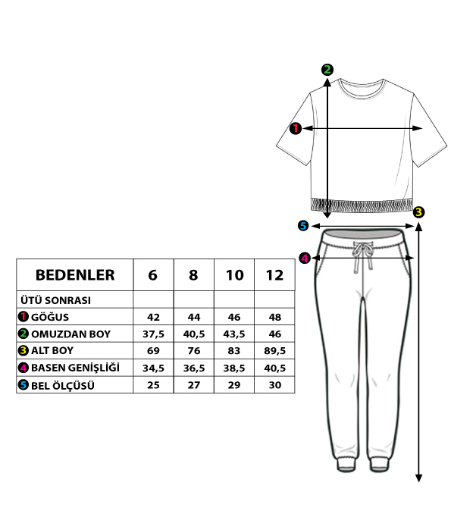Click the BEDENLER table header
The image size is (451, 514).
(x=75, y=274)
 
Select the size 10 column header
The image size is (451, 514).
(x=234, y=275)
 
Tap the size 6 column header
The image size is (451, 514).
(x=153, y=275)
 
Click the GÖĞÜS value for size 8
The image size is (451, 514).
(x=194, y=317)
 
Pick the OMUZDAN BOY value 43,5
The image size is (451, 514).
(x=234, y=334)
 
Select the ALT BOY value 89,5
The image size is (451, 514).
(x=274, y=351)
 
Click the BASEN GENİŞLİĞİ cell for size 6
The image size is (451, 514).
(x=153, y=368)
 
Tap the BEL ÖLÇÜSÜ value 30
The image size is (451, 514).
(x=274, y=385)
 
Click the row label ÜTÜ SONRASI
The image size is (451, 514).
(x=56, y=300)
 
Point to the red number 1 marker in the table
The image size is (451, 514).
(x=23, y=317)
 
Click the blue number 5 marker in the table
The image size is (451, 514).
(x=23, y=384)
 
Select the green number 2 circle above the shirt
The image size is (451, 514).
(x=327, y=70)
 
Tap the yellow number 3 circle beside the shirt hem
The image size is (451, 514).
(x=418, y=212)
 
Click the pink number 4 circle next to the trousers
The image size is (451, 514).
(x=305, y=258)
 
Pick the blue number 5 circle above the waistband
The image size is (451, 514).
(x=303, y=225)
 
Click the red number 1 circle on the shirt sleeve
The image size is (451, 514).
(x=296, y=128)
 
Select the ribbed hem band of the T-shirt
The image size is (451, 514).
(x=362, y=205)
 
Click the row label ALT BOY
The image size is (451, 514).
(x=52, y=350)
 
